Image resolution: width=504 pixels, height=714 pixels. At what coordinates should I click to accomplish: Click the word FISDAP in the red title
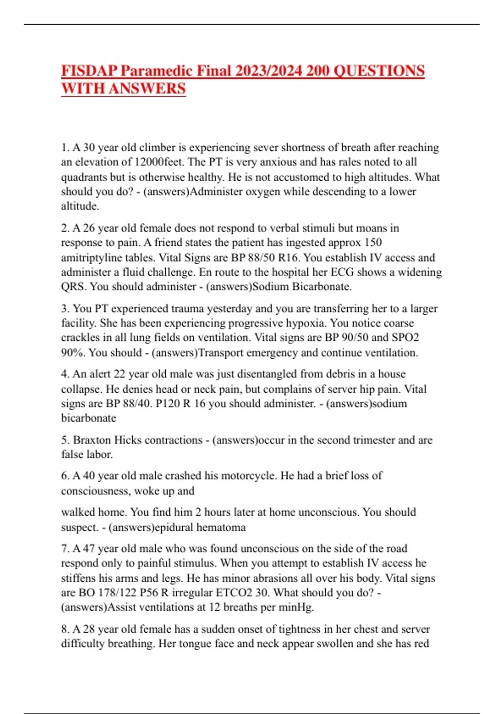(89, 71)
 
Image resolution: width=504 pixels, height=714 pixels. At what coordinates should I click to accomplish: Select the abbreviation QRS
(73, 287)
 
